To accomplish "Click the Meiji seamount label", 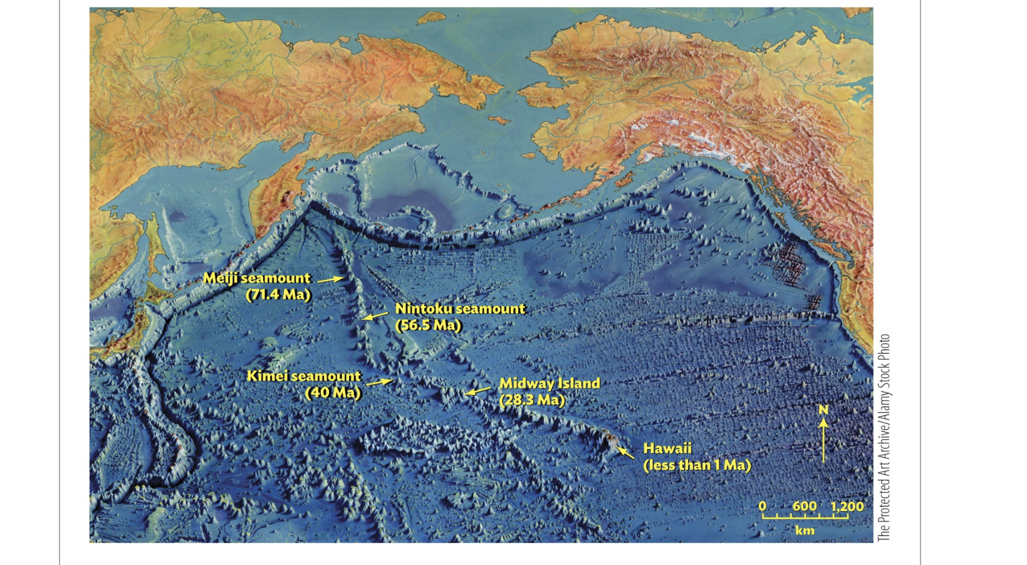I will pos(256,278).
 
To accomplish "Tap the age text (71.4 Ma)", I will pos(278,294).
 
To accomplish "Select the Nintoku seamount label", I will pos(460,309).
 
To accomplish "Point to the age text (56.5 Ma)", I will pos(429,325).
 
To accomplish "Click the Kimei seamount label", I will pos(304,376).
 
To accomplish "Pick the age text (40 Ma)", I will pos(333,393).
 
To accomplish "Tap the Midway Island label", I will pos(550,383).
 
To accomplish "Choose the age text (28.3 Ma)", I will pos(532,399).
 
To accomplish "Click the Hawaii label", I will pos(667,448).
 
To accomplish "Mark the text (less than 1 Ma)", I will pos(697,465).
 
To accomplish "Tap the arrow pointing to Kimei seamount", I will pos(380,381).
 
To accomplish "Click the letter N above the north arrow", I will pos(823,410).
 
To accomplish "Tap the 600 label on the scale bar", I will pos(805,506).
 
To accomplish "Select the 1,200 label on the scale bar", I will pos(847,506).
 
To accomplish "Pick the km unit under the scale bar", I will pos(805,531).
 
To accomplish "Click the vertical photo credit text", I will pos(884,437).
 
